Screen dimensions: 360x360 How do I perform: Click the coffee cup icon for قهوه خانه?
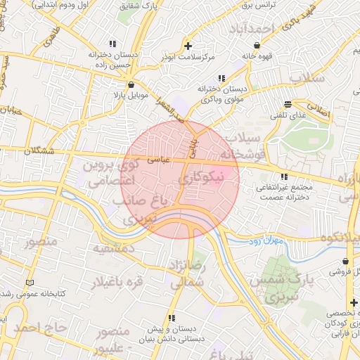pos(246,45)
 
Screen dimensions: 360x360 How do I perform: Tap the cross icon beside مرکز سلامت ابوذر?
pos(188,44)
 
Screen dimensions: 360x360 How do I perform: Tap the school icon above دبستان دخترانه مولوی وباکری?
pos(221,78)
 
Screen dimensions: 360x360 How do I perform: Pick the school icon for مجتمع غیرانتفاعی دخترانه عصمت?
pos(283,177)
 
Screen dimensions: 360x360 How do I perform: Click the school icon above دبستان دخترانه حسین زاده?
pos(113,44)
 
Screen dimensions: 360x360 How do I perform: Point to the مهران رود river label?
pos(265,241)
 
